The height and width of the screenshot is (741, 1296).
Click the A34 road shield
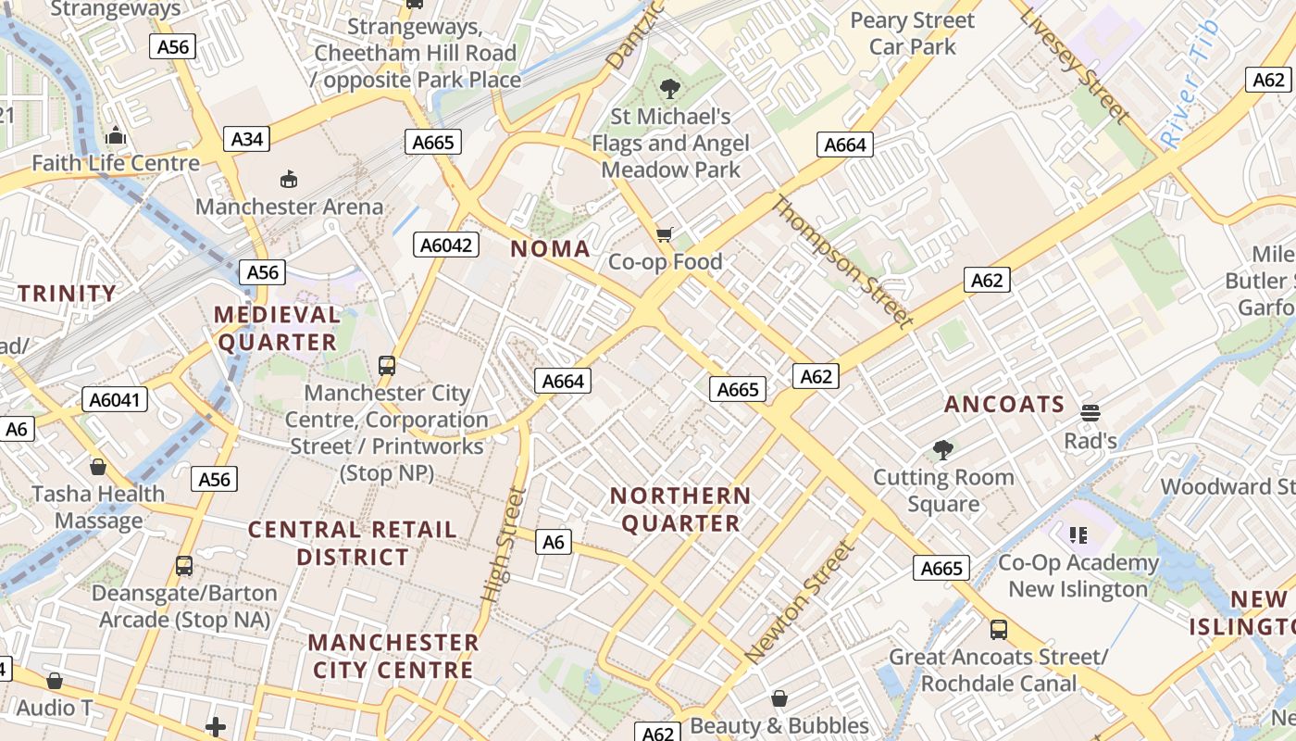pos(247,140)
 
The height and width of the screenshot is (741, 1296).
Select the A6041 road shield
pos(115,399)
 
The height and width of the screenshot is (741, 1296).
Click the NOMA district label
pos(550,248)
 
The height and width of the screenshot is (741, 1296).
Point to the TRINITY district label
pos(68,294)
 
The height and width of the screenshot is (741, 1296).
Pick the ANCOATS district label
pos(1004,404)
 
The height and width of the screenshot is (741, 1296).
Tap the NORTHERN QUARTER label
pos(680,509)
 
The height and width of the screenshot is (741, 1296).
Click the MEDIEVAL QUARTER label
pos(277,328)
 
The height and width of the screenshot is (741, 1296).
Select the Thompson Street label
pos(841,262)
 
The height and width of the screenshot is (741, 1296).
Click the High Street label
pos(505,546)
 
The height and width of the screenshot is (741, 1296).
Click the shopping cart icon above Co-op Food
pos(664,235)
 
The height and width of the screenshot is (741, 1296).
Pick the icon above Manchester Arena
pos(289,179)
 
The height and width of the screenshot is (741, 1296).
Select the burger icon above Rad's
pos(1090,412)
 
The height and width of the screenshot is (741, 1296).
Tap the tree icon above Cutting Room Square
pos(943,450)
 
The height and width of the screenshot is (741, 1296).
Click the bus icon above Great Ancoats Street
pos(999,630)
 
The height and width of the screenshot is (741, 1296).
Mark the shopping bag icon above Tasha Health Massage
pos(97,467)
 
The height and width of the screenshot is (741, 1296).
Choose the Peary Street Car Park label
pos(913,33)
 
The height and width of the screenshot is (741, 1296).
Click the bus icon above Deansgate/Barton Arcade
pos(184,566)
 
